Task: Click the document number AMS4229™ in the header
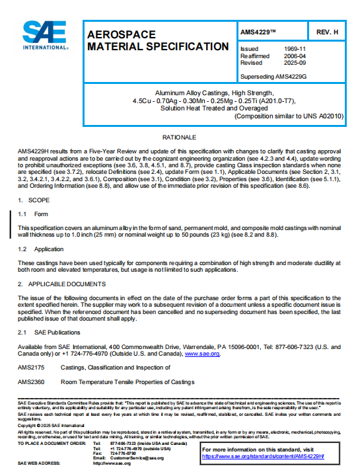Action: (x=263, y=32)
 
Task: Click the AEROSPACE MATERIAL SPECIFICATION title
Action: (x=158, y=40)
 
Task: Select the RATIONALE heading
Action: (x=180, y=137)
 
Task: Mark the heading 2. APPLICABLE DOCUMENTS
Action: (x=61, y=284)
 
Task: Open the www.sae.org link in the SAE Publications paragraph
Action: (x=203, y=354)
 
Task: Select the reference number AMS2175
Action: (x=31, y=367)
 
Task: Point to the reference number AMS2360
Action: (x=31, y=382)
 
